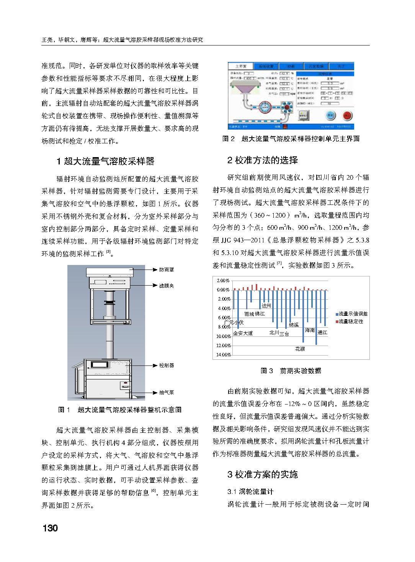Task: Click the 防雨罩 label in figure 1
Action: point(167,270)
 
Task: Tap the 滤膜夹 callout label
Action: point(167,286)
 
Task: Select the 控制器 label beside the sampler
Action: point(167,365)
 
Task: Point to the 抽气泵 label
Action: point(167,392)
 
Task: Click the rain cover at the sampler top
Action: point(109,272)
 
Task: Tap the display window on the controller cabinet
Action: point(99,365)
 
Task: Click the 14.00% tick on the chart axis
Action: point(224,355)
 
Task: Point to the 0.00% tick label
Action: point(224,290)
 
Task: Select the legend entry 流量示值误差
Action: point(353,314)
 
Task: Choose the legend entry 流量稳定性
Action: point(351,322)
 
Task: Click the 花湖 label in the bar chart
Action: point(300,349)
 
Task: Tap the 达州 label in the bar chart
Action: point(266,306)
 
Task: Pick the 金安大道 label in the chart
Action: point(243,333)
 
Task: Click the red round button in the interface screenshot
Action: point(347,115)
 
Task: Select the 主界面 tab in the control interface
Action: point(241,66)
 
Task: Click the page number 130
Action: point(50,528)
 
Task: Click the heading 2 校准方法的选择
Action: point(263,160)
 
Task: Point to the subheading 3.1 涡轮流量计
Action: point(250,491)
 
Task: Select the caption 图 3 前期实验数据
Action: point(291,371)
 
